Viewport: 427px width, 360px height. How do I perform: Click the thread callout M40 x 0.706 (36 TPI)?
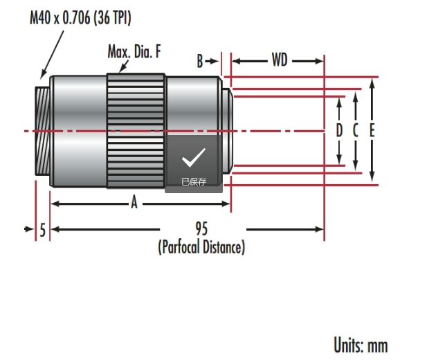click(80, 18)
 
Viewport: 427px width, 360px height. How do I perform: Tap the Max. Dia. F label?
click(134, 51)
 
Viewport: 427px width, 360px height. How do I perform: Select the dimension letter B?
click(200, 61)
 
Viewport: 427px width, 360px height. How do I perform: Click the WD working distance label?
click(280, 60)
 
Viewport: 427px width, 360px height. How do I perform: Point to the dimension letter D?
click(339, 130)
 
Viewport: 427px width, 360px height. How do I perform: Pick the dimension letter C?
click(356, 130)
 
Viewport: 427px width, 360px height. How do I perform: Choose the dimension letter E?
click(372, 130)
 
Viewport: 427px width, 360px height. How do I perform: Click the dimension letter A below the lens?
click(134, 202)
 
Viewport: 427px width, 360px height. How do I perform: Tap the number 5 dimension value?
click(43, 230)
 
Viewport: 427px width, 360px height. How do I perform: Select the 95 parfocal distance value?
click(201, 228)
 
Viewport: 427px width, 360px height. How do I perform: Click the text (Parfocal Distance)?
click(201, 247)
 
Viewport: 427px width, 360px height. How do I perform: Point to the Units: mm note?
click(361, 345)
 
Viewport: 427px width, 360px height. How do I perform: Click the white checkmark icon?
click(194, 158)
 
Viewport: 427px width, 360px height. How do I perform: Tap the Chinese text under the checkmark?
click(194, 182)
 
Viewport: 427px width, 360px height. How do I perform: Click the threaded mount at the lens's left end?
click(42, 131)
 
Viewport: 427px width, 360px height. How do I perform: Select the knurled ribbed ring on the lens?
click(136, 131)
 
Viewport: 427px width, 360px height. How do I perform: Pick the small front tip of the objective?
click(228, 131)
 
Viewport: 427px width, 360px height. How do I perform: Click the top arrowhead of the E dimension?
click(372, 82)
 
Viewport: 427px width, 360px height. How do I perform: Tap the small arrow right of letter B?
click(212, 62)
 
